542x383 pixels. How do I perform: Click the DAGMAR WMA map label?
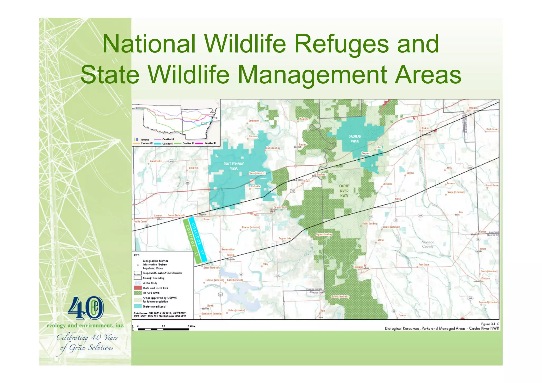click(355, 139)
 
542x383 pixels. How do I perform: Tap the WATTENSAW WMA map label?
click(234, 166)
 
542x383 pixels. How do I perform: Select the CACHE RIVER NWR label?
click(344, 191)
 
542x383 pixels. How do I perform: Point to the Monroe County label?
click(428, 244)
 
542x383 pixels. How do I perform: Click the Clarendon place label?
click(358, 267)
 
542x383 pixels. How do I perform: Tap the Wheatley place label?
click(473, 108)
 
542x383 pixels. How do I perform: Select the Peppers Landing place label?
click(324, 234)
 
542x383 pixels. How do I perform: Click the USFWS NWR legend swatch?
click(138, 293)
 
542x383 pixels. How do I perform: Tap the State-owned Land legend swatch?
click(138, 307)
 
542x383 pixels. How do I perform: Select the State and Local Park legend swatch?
click(138, 288)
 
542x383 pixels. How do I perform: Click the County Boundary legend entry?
click(153, 278)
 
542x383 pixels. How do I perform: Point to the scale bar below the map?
click(163, 329)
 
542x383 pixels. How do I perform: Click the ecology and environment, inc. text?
click(85, 326)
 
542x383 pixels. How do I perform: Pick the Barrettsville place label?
click(156, 161)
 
